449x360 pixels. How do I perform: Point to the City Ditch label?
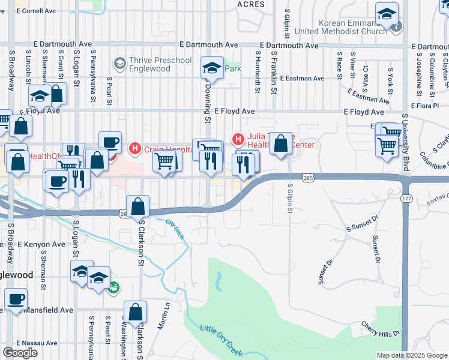175,232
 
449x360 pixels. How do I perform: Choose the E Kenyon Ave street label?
41,244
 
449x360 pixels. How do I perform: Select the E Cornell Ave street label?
36,11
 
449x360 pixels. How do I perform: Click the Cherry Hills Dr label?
380,328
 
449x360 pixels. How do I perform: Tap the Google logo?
20,353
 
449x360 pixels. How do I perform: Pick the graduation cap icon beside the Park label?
212,68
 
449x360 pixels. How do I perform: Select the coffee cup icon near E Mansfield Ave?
16,299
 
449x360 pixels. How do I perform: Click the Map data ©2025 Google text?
411,355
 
